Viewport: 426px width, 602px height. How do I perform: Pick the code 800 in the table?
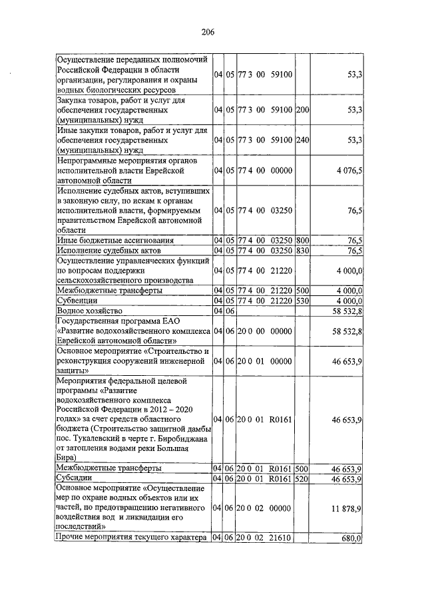click(x=302, y=240)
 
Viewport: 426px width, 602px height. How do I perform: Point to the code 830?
click(x=302, y=251)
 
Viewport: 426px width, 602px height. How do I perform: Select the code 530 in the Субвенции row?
click(x=302, y=300)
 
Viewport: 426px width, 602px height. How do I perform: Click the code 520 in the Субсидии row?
click(x=302, y=478)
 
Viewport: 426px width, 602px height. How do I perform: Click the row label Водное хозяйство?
click(x=91, y=311)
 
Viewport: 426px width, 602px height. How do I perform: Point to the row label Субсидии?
click(x=76, y=478)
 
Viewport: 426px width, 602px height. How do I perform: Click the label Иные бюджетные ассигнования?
click(x=116, y=240)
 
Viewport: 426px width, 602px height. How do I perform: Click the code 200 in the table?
click(x=302, y=108)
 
